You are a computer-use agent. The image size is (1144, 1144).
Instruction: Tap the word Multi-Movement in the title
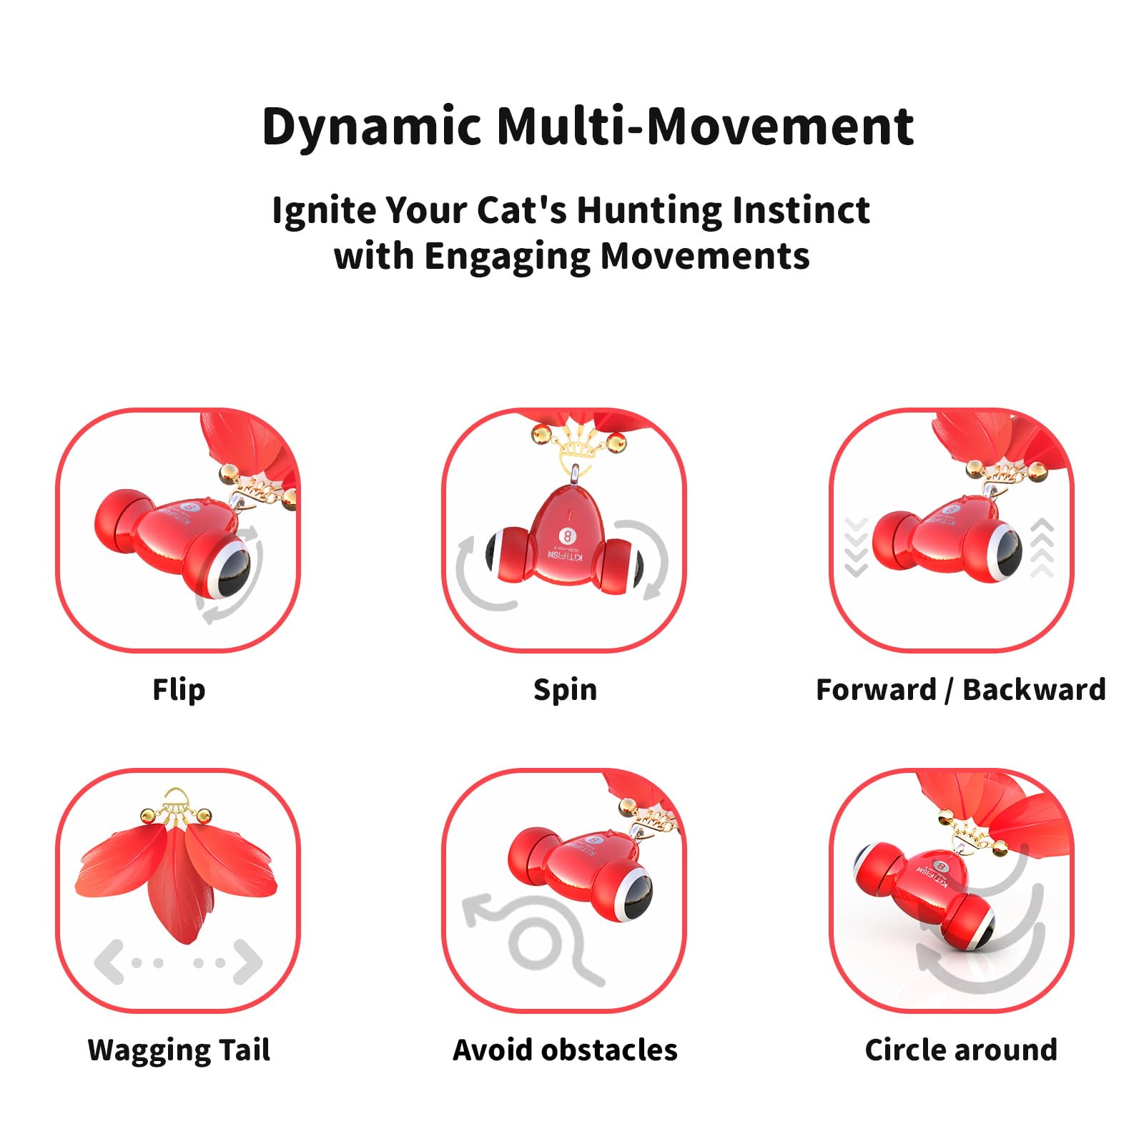[705, 126]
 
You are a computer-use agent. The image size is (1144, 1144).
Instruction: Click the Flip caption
[179, 690]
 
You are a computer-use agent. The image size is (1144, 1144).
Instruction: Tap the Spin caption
[565, 691]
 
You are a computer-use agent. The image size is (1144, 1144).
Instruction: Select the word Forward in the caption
[876, 690]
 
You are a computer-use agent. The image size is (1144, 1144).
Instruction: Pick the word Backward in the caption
[1034, 690]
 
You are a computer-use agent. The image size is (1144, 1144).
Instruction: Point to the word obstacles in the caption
[609, 1050]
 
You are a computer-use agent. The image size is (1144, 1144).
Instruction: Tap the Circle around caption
[961, 1050]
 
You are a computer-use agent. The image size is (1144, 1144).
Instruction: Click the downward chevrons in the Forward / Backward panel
[856, 547]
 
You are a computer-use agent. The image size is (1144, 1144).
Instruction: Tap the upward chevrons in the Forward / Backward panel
[1042, 548]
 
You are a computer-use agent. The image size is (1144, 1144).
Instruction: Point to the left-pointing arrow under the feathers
[110, 962]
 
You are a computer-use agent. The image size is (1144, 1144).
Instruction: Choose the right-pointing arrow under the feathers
[247, 962]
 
